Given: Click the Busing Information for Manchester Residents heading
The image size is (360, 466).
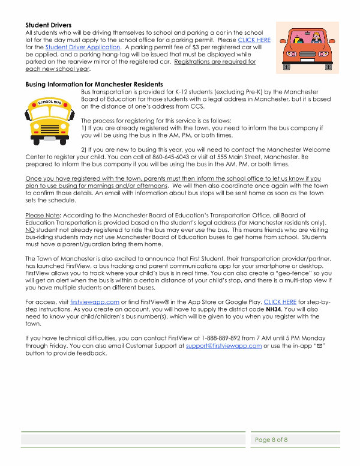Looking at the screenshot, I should coord(94,83).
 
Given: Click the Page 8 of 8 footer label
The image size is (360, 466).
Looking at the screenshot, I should coord(271,440).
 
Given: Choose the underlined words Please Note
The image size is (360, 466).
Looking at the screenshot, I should coord(39,214).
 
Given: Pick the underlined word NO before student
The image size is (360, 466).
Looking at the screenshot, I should coord(29,229).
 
